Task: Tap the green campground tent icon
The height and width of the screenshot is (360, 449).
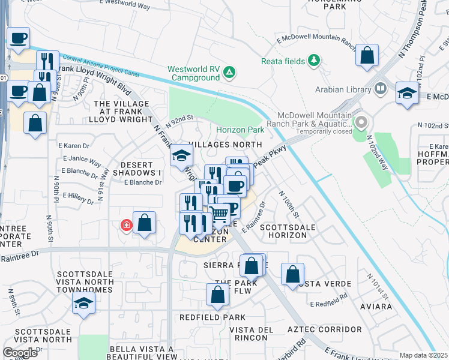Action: pos(229,73)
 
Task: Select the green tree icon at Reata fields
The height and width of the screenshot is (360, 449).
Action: pos(313,60)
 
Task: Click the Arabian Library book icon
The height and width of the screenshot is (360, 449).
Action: pos(380,89)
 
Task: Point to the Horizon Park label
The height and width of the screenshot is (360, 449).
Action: pos(240,130)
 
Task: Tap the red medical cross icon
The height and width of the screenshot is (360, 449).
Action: pos(126,226)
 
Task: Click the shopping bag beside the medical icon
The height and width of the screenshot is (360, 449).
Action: pos(145,224)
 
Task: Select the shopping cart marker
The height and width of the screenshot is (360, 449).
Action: pos(220,212)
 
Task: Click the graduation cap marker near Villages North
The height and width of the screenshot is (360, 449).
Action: pos(181,156)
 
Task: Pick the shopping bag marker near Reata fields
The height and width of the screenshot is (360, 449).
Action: pos(367,55)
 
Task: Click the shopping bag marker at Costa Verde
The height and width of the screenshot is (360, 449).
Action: pos(292,274)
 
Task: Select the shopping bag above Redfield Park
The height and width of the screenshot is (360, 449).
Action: pos(217,295)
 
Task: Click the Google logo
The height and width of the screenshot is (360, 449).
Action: pos(20,352)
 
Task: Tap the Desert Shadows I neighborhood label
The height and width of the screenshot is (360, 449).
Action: pos(142,168)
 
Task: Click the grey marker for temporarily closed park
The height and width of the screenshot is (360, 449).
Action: pos(361,123)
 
